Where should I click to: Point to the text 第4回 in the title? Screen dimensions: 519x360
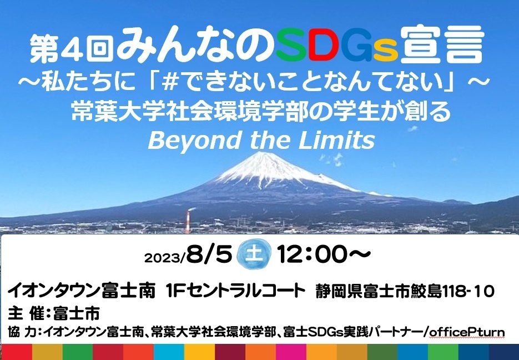coord(72,48)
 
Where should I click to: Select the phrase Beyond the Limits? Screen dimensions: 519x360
coord(261,140)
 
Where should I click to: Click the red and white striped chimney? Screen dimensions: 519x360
coord(188,221)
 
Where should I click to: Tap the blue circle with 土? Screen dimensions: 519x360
coord(254,254)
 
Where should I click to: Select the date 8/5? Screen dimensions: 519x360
coord(209,254)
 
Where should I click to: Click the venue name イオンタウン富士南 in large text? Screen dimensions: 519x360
coord(81,291)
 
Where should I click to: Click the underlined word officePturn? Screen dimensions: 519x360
coord(467,332)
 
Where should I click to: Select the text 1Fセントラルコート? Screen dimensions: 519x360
coord(235,291)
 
